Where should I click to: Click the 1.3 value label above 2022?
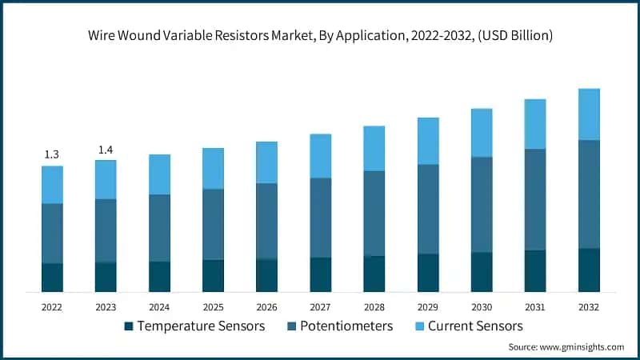[52, 154]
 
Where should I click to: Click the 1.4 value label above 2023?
[106, 150]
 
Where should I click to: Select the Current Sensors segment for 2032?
[589, 114]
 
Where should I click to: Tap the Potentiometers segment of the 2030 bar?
[482, 205]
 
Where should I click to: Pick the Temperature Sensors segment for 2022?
[52, 277]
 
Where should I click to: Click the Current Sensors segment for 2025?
[213, 168]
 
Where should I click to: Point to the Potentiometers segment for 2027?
[321, 218]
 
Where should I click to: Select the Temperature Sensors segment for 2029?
[428, 273]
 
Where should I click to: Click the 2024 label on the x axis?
[159, 306]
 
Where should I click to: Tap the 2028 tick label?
[374, 306]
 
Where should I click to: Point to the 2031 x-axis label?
[535, 306]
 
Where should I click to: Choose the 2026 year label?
[266, 306]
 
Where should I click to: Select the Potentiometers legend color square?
[294, 326]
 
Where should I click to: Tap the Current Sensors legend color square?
[418, 326]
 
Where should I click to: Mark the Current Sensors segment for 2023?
[106, 179]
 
